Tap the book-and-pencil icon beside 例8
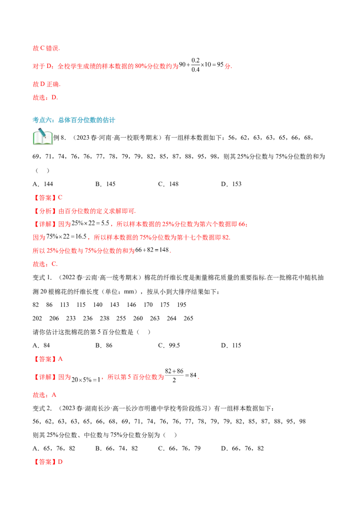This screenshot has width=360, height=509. click(43, 136)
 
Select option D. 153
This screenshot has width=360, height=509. click(231, 184)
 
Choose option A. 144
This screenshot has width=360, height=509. click(43, 184)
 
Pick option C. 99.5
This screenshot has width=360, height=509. click(169, 345)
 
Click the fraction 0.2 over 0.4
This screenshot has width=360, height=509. click(196, 65)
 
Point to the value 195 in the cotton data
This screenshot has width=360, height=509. click(182, 305)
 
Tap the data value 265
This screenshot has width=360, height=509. click(189, 318)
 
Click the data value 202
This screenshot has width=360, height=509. click(37, 318)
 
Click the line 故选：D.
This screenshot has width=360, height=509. click(45, 98)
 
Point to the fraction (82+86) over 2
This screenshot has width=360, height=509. click(174, 375)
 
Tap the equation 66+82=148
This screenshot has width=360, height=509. click(152, 250)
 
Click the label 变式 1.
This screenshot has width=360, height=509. click(42, 277)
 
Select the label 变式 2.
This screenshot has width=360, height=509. click(42, 408)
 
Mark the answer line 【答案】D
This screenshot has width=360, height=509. click(47, 462)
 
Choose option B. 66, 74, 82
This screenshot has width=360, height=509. click(117, 449)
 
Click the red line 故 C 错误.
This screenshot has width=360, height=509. click(46, 49)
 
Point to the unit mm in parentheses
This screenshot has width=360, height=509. click(129, 291)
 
